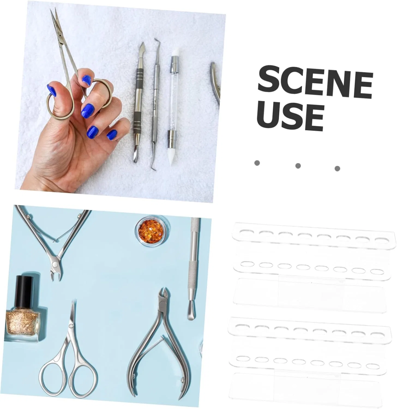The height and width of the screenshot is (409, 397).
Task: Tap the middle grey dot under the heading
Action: [298, 166]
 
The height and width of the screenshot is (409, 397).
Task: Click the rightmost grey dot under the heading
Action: [337, 168]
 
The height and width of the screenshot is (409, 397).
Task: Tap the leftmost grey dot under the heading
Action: [257, 163]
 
